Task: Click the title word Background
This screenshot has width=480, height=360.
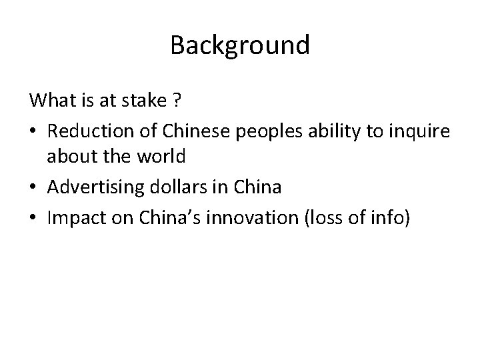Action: click(x=240, y=45)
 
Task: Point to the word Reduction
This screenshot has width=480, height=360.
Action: click(x=85, y=133)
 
